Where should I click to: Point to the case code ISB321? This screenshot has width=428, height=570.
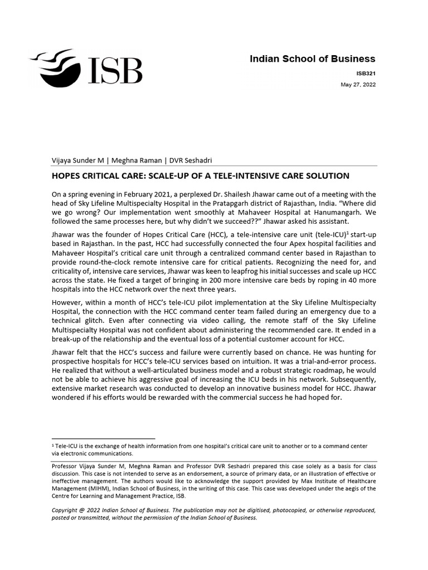(x=366, y=72)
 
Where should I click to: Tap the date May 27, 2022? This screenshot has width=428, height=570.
(x=358, y=85)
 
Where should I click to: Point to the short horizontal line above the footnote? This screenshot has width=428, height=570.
(x=103, y=439)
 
